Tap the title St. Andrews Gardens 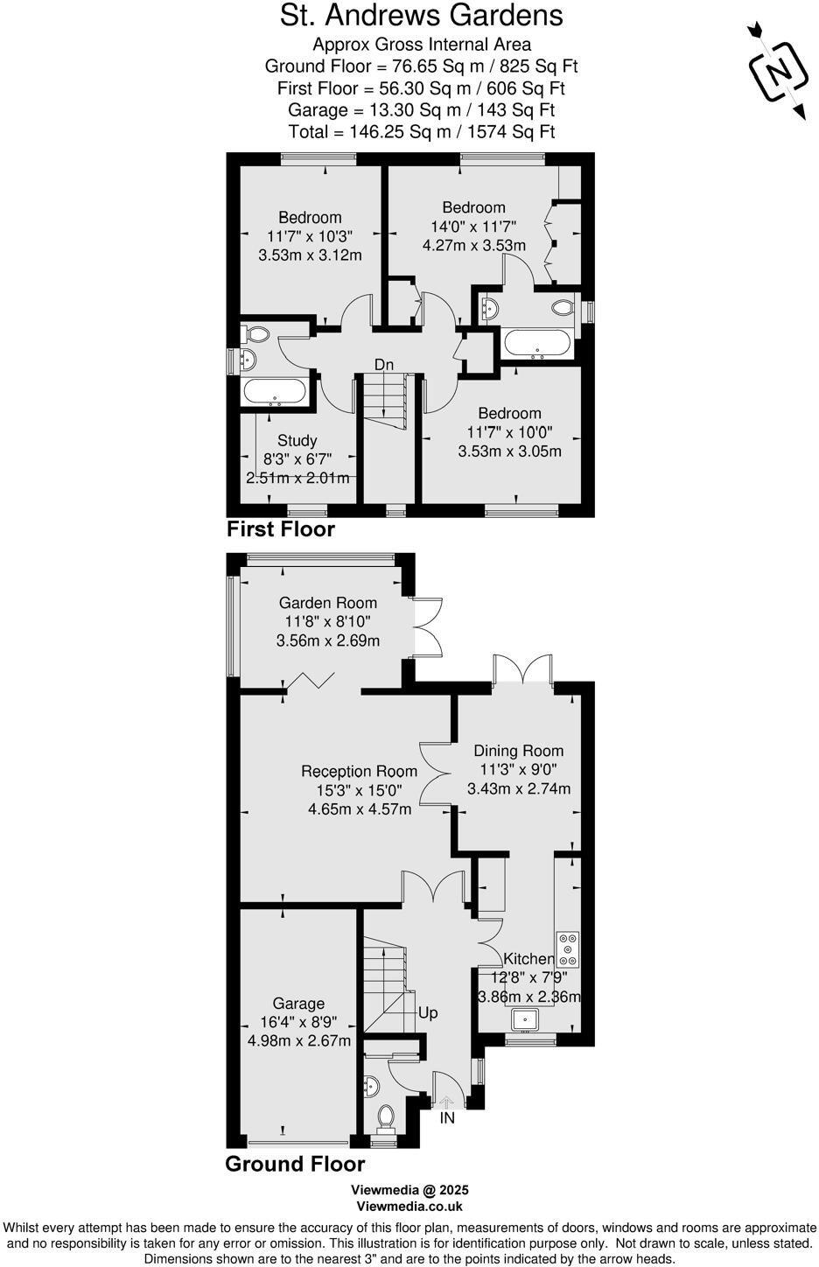tap(421, 16)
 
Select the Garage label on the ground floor tap(298, 1004)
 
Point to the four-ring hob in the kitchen tap(568, 945)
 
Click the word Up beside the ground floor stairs tap(428, 1013)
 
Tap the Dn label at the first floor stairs tap(383, 364)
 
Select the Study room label tap(297, 440)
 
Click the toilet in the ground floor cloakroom tap(385, 1116)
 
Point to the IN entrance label tap(447, 1117)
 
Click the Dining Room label tap(518, 751)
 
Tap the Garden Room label tap(328, 603)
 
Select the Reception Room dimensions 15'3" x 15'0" tap(359, 790)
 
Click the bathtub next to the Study tap(275, 393)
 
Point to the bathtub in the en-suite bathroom tap(537, 343)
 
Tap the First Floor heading tap(280, 529)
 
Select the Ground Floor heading tap(294, 1164)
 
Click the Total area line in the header tap(421, 132)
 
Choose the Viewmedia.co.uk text tap(409, 1206)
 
